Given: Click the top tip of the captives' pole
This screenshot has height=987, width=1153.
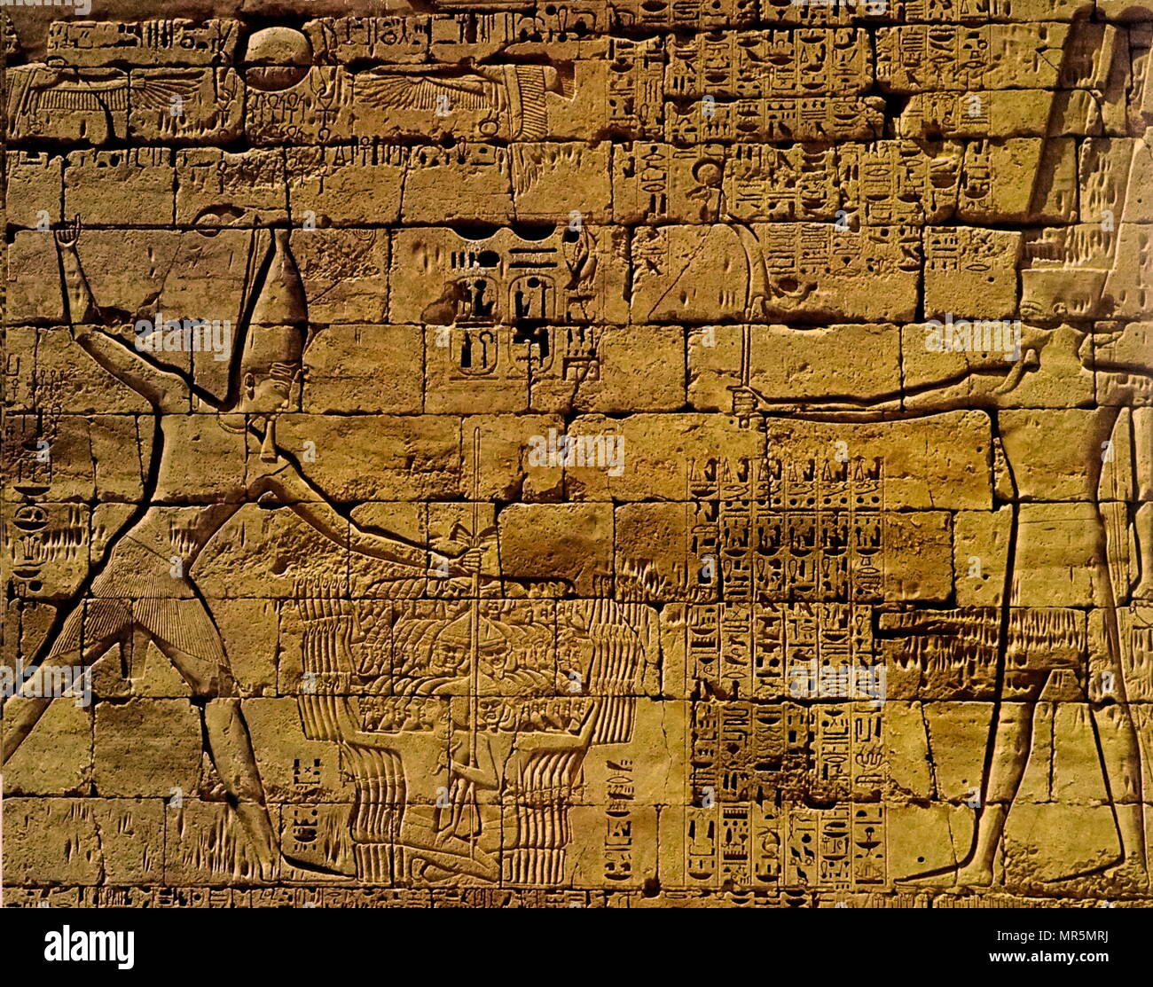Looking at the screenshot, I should click(476, 432).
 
